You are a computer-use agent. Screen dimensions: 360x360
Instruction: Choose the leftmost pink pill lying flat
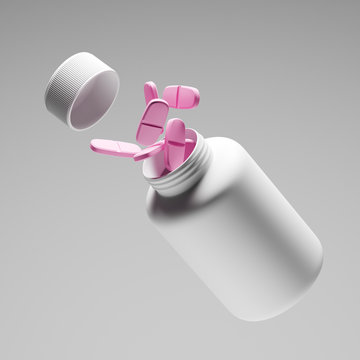(x=118, y=148)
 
